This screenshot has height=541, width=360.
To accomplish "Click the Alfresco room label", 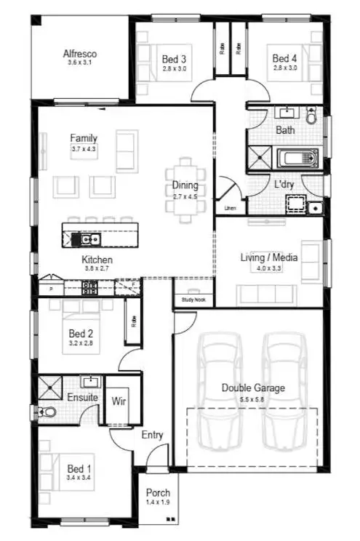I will tap(80, 54).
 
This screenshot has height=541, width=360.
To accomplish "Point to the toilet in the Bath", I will tap(312, 115).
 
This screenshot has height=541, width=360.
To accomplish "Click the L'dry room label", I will tap(284, 184).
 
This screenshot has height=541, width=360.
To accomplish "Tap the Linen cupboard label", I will tap(231, 209).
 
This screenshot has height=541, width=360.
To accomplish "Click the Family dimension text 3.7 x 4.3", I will tap(84, 149).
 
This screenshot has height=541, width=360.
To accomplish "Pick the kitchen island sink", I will tap(90, 238).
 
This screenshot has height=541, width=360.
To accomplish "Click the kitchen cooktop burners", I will tap(92, 287).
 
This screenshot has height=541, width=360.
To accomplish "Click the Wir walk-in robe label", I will tap(118, 400).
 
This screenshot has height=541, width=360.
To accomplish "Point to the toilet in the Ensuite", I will tap(49, 413).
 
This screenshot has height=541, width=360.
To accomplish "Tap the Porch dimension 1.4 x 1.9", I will tap(158, 502).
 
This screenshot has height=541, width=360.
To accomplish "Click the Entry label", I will tap(152, 435).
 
